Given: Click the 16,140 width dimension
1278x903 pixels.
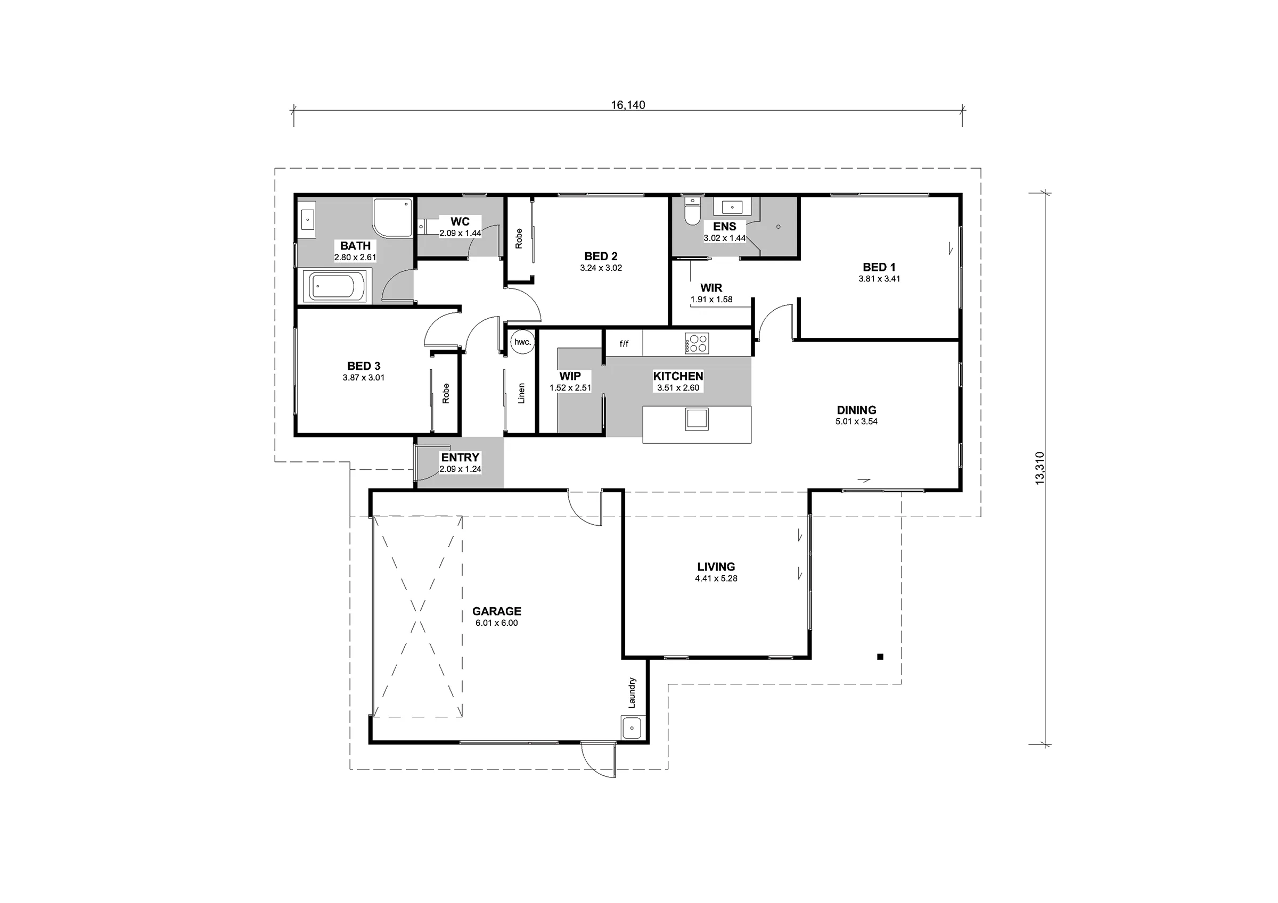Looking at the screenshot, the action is pos(628,105).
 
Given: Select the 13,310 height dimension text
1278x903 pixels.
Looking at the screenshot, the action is pos(1039,468).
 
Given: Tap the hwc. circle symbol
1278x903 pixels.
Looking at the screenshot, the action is pos(522,342).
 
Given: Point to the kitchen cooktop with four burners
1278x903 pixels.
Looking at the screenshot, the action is pos(697,343).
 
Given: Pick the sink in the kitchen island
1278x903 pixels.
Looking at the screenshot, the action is pos(697,419).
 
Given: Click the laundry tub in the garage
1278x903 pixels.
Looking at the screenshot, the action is pos(631,728).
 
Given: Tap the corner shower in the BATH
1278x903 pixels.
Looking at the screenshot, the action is pos(392,217).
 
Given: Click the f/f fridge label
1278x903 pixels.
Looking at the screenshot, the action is pos(624,344).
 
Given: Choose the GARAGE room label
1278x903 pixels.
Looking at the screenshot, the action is pos(496,611).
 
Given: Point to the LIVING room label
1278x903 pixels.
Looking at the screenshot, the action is pos(716,566).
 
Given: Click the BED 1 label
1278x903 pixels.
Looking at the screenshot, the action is pos(879,267).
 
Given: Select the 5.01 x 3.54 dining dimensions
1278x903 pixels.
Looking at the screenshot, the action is pos(856,421).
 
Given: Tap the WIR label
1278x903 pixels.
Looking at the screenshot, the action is pos(711,288).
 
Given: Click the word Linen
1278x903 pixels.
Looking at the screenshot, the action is pos(521,393).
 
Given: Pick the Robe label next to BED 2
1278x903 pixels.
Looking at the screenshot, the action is pos(519,238).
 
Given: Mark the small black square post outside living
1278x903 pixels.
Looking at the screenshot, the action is pos(880,657).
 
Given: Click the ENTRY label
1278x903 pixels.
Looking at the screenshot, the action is pos(460,457).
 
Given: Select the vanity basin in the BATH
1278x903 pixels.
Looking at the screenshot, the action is pos(307,219).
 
